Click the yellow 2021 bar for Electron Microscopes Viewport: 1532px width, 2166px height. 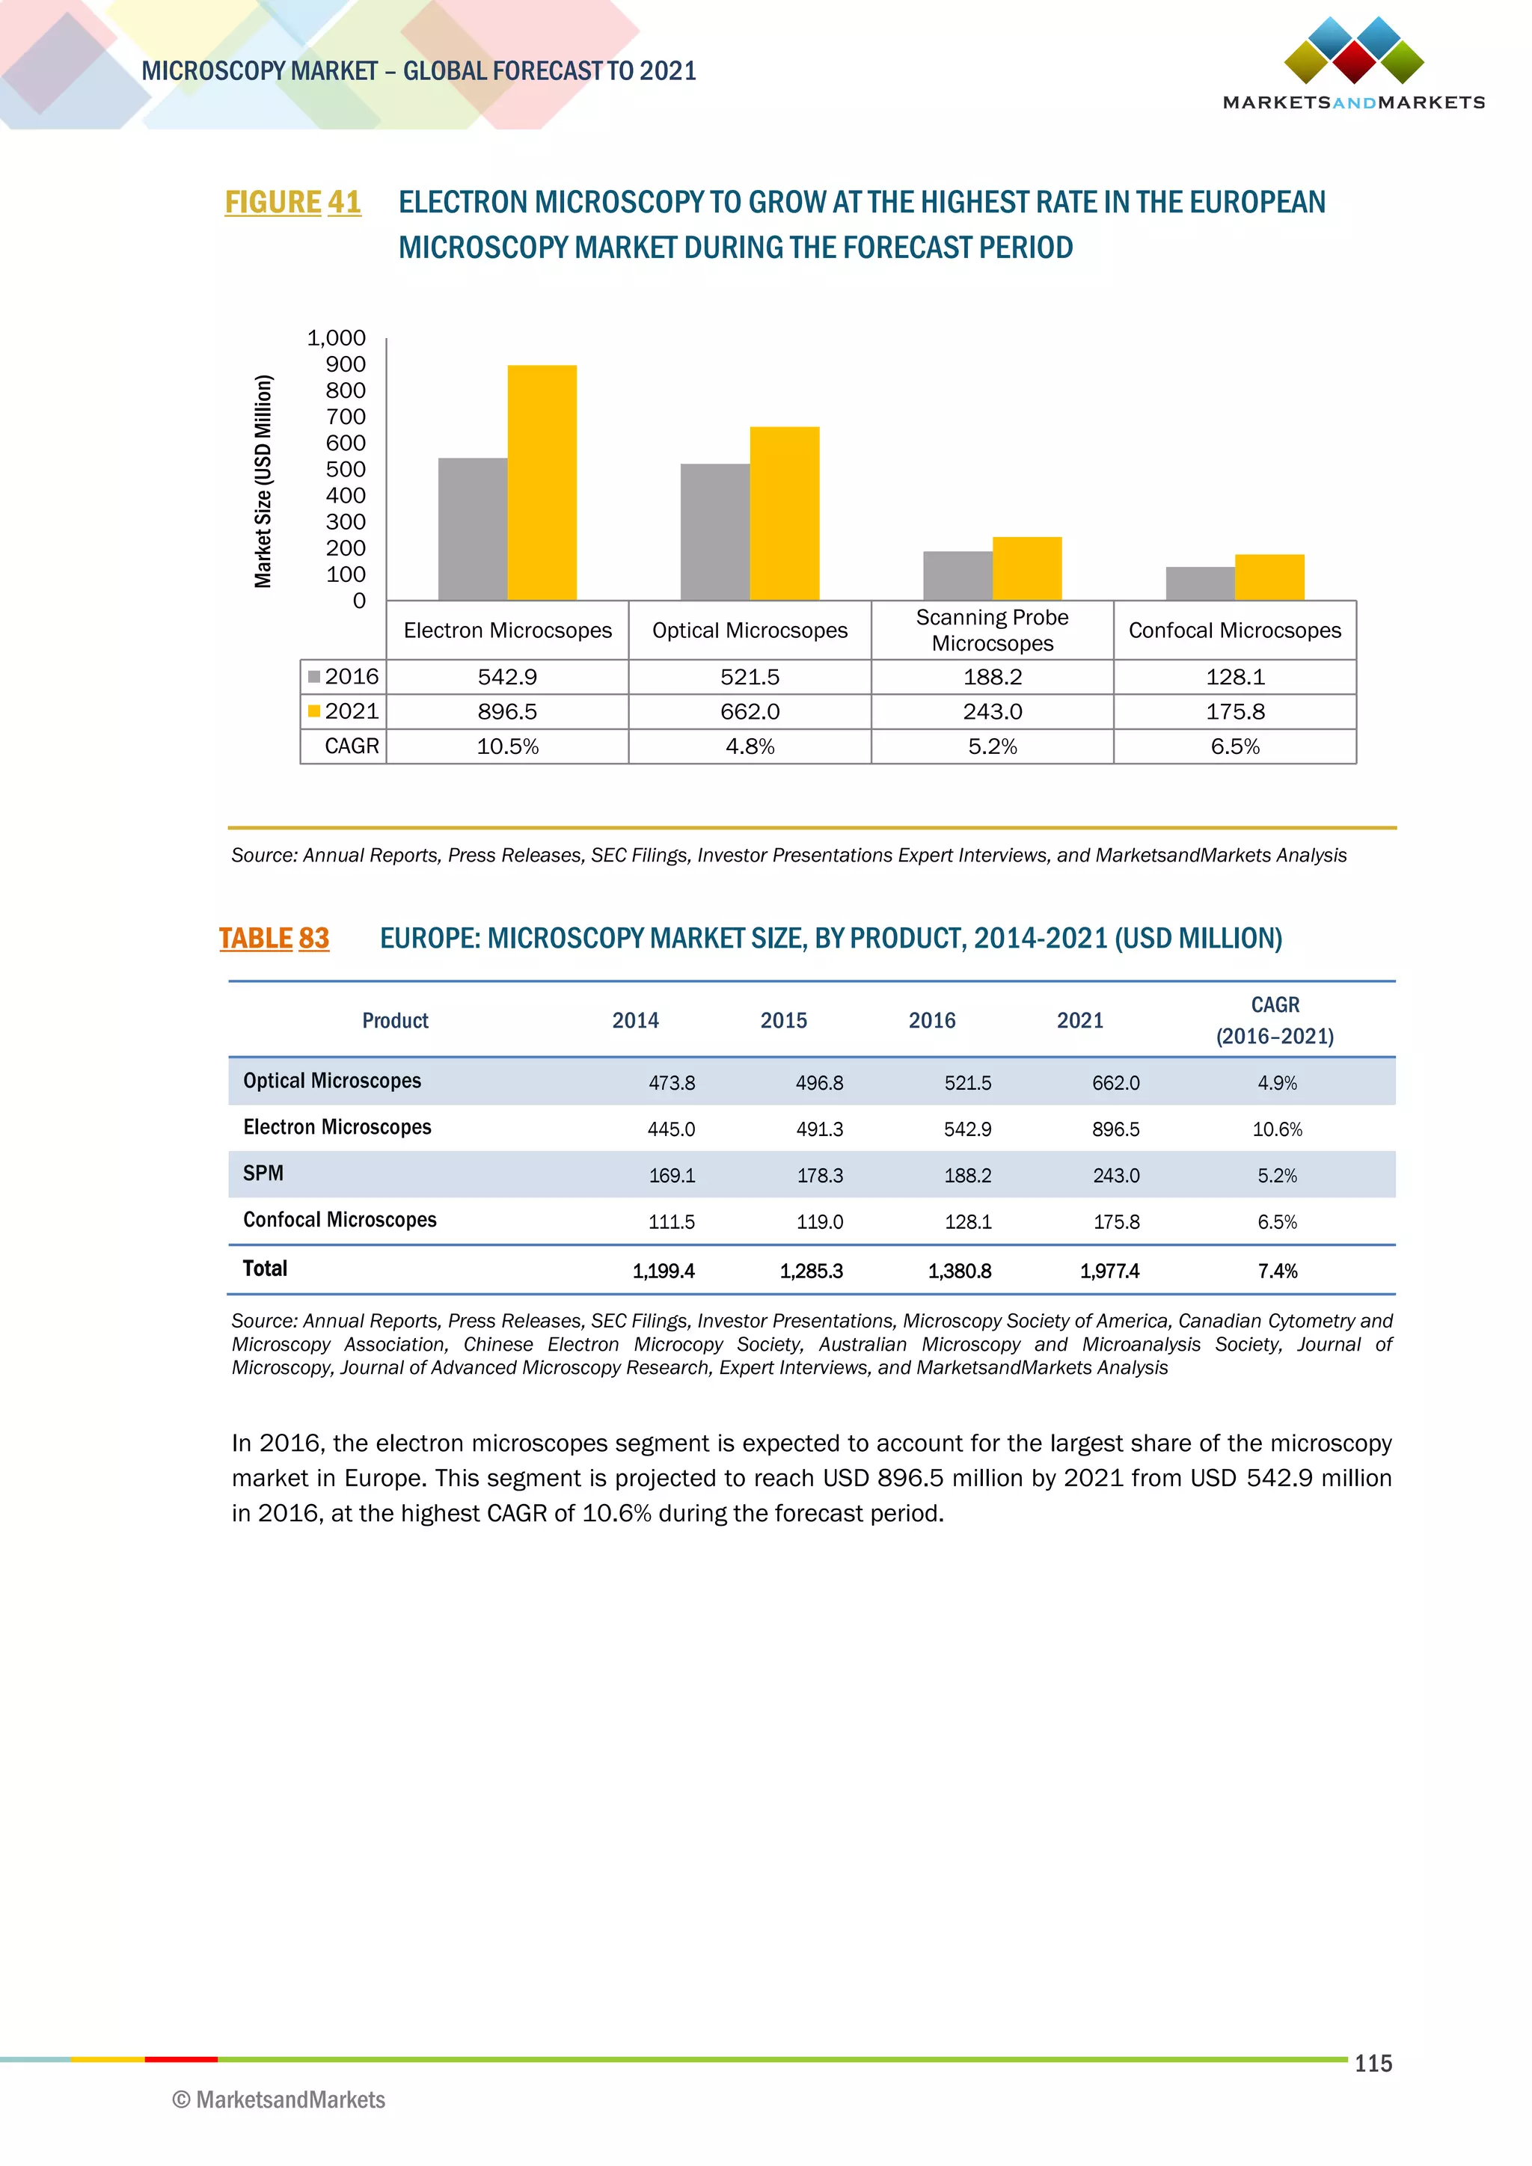point(542,482)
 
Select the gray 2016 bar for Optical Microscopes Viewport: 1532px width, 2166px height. point(715,531)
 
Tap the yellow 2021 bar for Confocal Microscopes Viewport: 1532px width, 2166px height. point(1269,577)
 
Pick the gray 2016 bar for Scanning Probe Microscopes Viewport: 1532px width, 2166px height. point(957,575)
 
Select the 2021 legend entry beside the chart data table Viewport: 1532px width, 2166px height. point(343,711)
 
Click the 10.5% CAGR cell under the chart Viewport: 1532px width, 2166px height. point(507,746)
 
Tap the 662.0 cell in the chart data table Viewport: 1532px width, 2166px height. point(750,711)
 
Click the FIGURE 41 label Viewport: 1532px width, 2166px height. point(292,202)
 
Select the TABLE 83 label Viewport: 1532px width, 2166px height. point(274,938)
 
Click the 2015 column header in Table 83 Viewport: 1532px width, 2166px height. point(783,1019)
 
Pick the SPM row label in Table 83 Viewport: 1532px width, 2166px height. point(263,1173)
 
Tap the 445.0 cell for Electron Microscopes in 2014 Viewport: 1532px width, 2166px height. point(671,1129)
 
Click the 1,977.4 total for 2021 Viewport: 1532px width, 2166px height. point(1109,1271)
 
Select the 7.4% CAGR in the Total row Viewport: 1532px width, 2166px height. point(1278,1271)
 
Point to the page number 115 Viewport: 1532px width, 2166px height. point(1373,2064)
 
